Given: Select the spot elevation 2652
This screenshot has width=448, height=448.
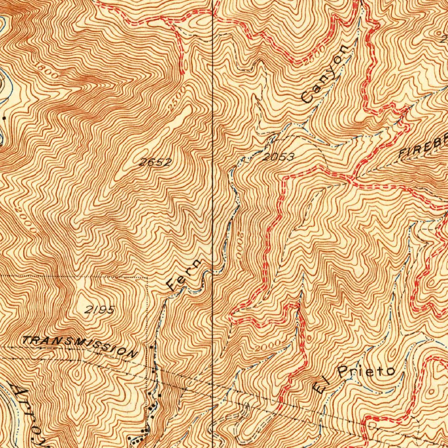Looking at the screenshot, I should [x=155, y=162].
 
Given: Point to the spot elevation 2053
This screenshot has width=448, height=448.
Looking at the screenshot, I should [x=278, y=157].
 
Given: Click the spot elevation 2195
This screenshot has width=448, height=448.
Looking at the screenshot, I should [x=100, y=310].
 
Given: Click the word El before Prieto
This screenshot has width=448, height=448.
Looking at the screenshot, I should [x=320, y=385].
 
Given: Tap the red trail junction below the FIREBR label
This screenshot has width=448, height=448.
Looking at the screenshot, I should [x=353, y=179].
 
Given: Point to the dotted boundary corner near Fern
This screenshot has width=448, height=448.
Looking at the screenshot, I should [x=148, y=276].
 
